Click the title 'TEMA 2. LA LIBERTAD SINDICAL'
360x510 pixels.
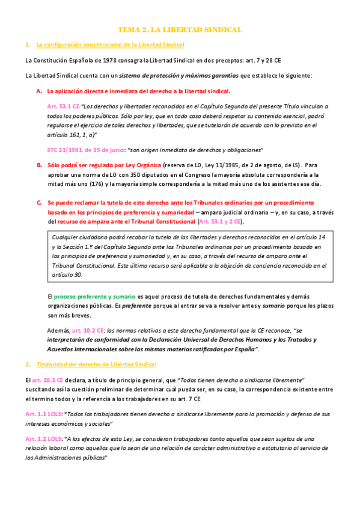(x=180, y=29)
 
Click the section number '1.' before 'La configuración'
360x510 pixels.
(x=28, y=45)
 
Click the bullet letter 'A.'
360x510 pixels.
(x=39, y=91)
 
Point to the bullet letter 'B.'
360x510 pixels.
(x=39, y=165)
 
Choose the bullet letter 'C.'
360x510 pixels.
(x=39, y=203)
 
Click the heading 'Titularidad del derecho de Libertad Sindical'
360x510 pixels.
(x=96, y=364)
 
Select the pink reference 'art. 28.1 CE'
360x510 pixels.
(x=49, y=381)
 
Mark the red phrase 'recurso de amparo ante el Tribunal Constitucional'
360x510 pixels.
(x=126, y=221)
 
